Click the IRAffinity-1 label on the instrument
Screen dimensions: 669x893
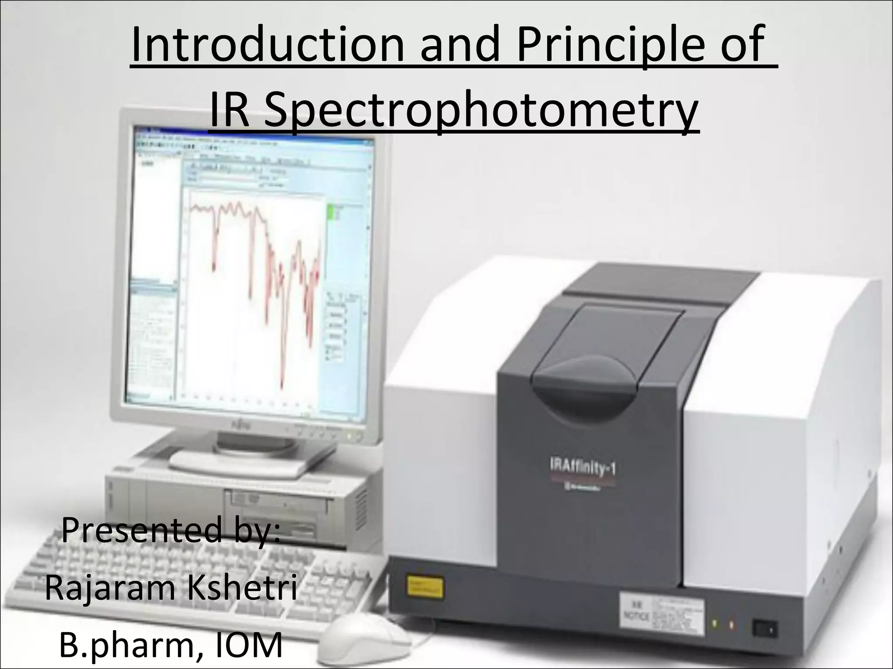point(582,470)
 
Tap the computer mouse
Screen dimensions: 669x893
point(362,640)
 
